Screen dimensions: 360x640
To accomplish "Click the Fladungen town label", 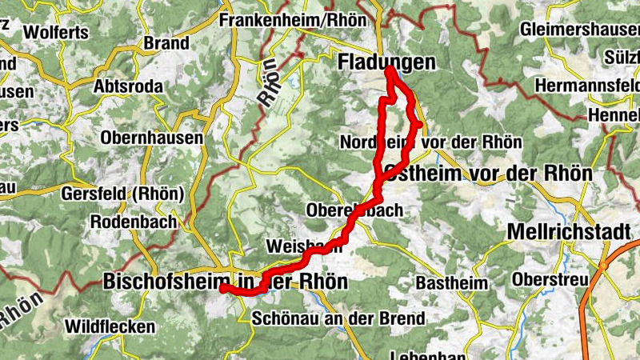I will (387, 62).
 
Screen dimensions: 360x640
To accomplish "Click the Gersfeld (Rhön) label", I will (123, 194).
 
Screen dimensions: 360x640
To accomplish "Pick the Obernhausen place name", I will (152, 138).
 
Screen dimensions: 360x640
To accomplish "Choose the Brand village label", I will (166, 43).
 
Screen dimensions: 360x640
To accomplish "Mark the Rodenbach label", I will (134, 222).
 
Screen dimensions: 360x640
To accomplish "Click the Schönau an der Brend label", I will (338, 318).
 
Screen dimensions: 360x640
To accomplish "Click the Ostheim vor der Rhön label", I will (488, 173).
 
